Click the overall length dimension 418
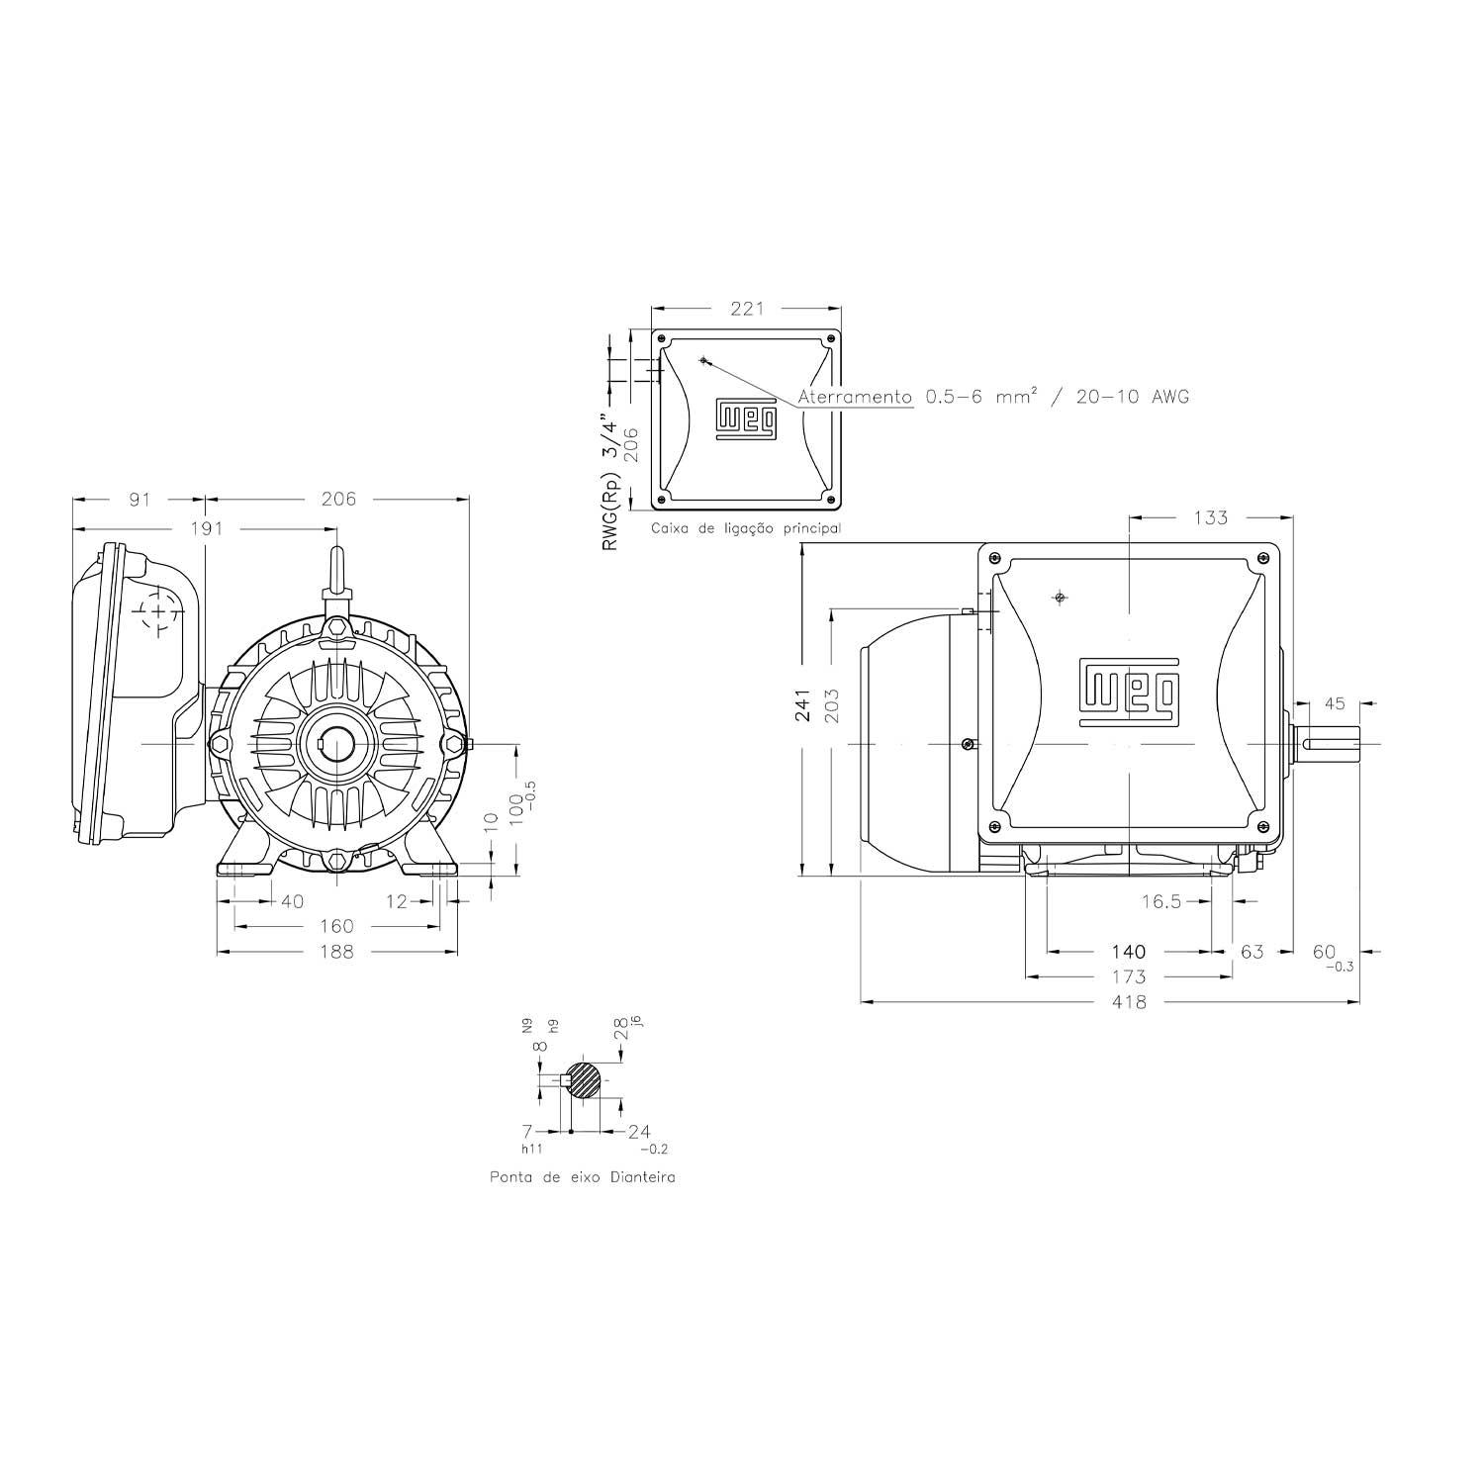tap(1129, 1002)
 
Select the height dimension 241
tap(803, 705)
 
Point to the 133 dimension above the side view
tap(1210, 517)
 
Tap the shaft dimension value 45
tap(1335, 704)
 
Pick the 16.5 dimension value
tap(1161, 901)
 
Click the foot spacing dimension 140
tap(1129, 952)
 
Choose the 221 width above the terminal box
tap(747, 309)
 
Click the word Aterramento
tap(855, 397)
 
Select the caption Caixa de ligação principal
tap(746, 528)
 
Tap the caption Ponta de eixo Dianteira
tap(583, 1178)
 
